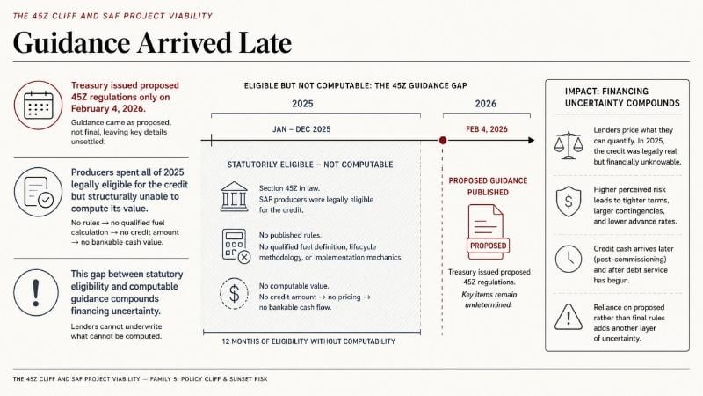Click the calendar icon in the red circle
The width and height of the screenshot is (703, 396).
pyautogui.click(x=38, y=105)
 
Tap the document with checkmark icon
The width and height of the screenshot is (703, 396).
pyautogui.click(x=38, y=192)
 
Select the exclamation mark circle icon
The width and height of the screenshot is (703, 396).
pyautogui.click(x=36, y=292)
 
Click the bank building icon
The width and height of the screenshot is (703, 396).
pyautogui.click(x=234, y=196)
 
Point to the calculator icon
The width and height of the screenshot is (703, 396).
pyautogui.click(x=236, y=246)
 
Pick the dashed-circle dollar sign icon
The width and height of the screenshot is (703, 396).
pyautogui.click(x=234, y=294)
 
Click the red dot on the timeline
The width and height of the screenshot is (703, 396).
pyautogui.click(x=443, y=141)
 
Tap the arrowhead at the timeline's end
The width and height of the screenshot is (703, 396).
pyautogui.click(x=532, y=141)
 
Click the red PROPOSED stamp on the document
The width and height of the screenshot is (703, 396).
pyautogui.click(x=489, y=246)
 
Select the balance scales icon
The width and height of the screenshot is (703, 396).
pyautogui.click(x=569, y=145)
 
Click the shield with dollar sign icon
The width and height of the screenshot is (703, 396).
pyautogui.click(x=569, y=202)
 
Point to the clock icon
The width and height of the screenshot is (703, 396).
pyautogui.click(x=569, y=259)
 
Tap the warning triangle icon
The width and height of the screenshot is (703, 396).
pyautogui.click(x=569, y=317)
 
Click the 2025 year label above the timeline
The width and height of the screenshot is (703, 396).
pyautogui.click(x=302, y=104)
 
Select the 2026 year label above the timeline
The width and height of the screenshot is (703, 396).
pyautogui.click(x=486, y=104)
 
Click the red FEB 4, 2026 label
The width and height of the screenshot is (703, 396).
pyautogui.click(x=487, y=129)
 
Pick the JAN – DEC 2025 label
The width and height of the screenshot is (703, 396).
pyautogui.click(x=301, y=129)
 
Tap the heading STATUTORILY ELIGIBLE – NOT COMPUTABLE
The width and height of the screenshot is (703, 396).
pyautogui.click(x=310, y=165)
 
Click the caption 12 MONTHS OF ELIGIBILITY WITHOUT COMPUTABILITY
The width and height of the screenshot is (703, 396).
pyautogui.click(x=308, y=341)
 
